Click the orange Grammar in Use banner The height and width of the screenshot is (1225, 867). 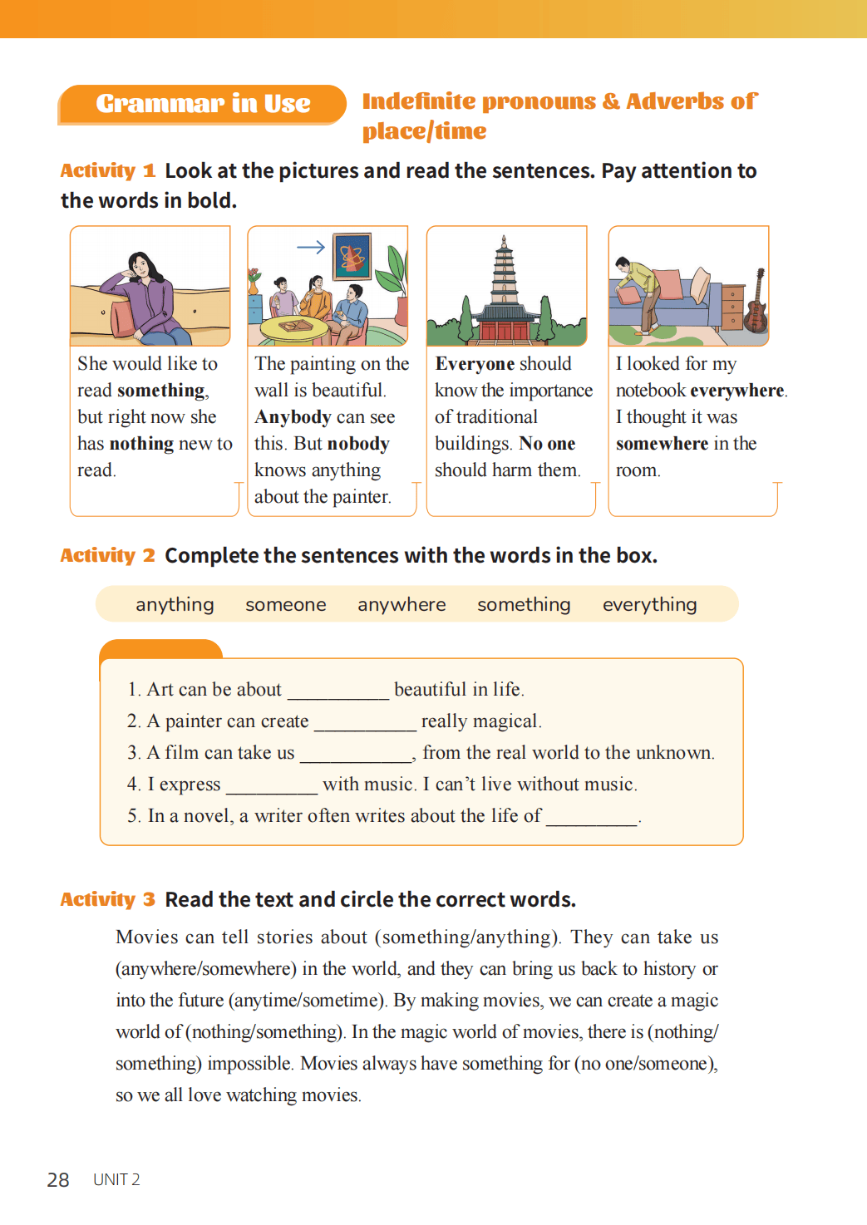202,104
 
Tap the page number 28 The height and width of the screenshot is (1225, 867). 58,1180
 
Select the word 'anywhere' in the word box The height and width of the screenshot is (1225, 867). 401,605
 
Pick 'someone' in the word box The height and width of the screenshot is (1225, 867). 285,605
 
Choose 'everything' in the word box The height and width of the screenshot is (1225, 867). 649,605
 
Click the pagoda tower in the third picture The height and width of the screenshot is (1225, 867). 503,274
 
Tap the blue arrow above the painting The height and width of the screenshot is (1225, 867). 311,247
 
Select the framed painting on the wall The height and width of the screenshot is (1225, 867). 352,257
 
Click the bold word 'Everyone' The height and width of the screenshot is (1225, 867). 475,364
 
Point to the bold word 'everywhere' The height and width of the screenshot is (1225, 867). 736,391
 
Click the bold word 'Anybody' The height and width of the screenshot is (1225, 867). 293,417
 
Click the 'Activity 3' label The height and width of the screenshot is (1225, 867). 107,899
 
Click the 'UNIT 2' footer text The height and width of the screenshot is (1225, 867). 116,1180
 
